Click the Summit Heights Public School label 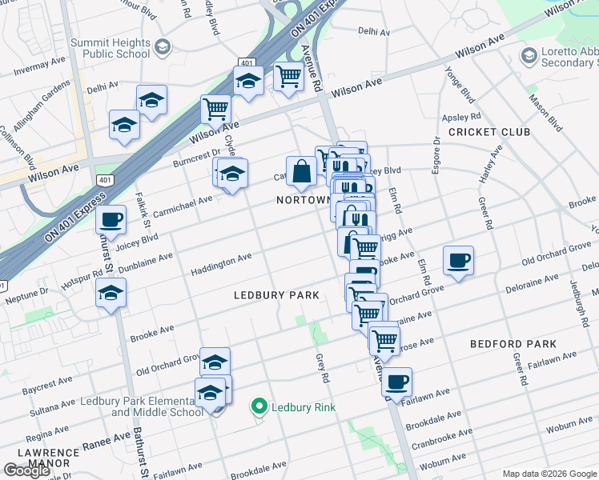110,48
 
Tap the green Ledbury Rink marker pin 259,407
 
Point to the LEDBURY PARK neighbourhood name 276,295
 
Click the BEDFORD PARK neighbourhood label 513,344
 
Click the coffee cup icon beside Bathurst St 112,218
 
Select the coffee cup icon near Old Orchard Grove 458,259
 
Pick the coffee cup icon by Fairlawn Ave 396,382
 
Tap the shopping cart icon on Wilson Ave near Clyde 215,108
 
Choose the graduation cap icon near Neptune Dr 111,293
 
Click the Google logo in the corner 27,470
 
